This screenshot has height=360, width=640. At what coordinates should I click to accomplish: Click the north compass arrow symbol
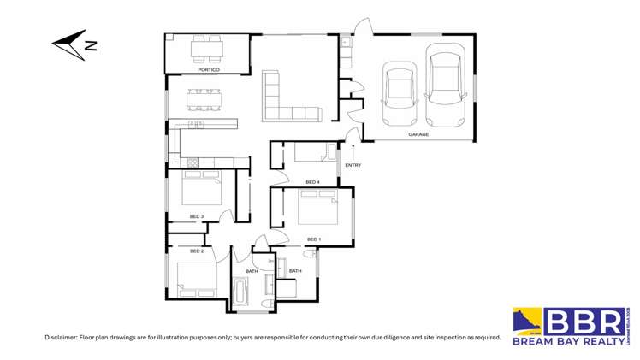point(74,44)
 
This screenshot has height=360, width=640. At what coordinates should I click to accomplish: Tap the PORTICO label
point(207,70)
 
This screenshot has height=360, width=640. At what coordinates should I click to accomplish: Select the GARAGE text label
point(418,134)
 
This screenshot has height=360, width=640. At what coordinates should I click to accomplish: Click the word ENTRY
point(353,165)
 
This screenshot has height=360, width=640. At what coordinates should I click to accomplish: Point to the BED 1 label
point(313,239)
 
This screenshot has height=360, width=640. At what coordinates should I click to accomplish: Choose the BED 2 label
point(196,251)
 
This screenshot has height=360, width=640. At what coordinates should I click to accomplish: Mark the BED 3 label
point(196,216)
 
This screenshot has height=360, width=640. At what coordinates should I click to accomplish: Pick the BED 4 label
point(312,182)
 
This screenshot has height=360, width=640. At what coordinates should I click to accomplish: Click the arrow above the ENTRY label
point(353,150)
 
